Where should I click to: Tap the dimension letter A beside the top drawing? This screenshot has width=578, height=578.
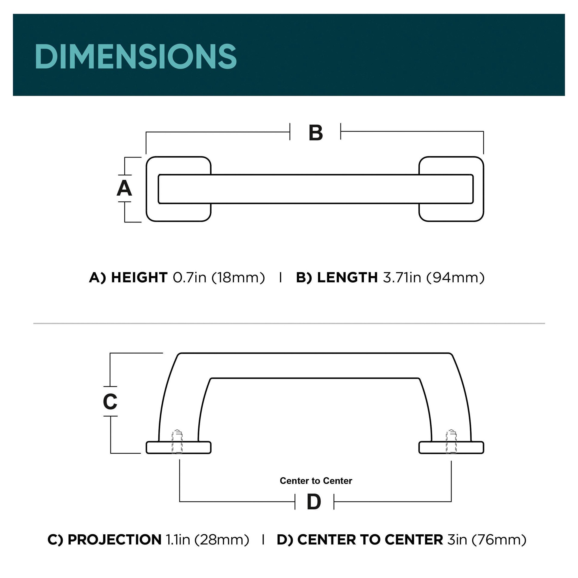coord(124,188)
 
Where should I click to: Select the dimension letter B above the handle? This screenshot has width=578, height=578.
coord(315,133)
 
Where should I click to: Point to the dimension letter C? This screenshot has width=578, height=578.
coord(110,402)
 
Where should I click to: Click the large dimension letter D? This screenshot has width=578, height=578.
coord(314,502)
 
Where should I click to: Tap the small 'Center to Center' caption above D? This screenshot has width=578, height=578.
coord(316,481)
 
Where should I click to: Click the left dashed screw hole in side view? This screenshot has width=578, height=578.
coord(177,442)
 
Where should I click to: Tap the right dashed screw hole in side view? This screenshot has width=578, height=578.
coord(451,442)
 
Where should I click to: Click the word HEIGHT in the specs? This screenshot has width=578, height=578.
coord(139,278)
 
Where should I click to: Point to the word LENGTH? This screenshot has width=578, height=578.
coord(347,278)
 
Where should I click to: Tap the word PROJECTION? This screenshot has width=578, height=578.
coord(114,540)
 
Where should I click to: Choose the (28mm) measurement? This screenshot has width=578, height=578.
coord(222,540)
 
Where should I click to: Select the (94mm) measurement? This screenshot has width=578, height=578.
coord(455,278)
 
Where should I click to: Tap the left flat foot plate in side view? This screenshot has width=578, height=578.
coord(193,447)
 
